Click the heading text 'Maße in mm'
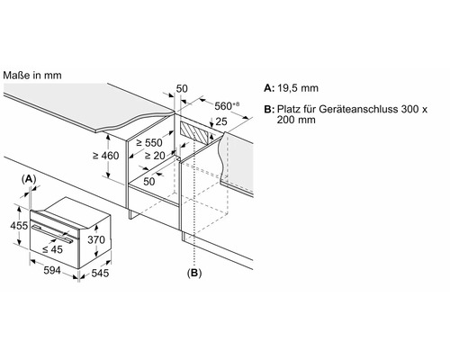click(x=32, y=76)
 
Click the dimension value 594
click(x=52, y=270)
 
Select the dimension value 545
click(x=100, y=273)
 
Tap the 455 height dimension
click(x=19, y=225)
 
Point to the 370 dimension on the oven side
click(x=96, y=239)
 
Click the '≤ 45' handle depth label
click(x=52, y=249)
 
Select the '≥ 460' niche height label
click(x=105, y=156)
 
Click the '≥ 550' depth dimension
click(x=149, y=143)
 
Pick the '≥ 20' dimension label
click(x=155, y=156)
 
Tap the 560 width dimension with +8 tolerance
click(x=227, y=105)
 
